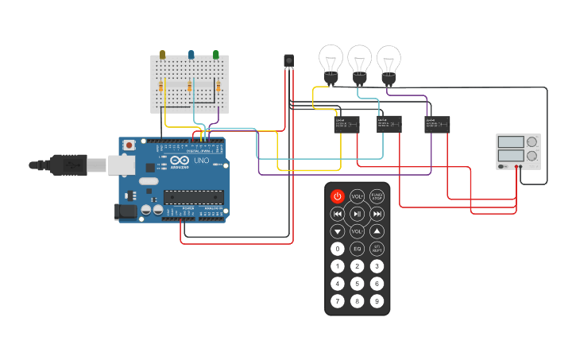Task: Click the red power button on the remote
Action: click(338, 196)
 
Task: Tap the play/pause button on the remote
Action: click(358, 214)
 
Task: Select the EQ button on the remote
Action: click(358, 249)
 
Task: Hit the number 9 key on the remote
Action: click(377, 301)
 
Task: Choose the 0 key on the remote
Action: click(338, 249)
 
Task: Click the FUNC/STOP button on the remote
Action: click(377, 196)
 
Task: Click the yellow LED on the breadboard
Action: click(162, 56)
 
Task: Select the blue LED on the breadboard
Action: click(191, 56)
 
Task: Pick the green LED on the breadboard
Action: click(215, 55)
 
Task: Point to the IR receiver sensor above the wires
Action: click(288, 60)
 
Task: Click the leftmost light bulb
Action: click(331, 61)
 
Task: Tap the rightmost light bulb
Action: click(389, 61)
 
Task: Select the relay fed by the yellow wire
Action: click(346, 124)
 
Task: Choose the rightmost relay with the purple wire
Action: click(437, 124)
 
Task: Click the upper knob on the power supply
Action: click(532, 142)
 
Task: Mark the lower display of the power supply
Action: click(510, 155)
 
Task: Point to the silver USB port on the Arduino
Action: click(121, 165)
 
